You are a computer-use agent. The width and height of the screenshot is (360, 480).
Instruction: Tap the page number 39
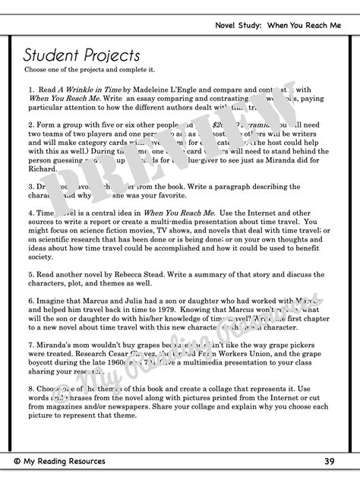click(x=328, y=461)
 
